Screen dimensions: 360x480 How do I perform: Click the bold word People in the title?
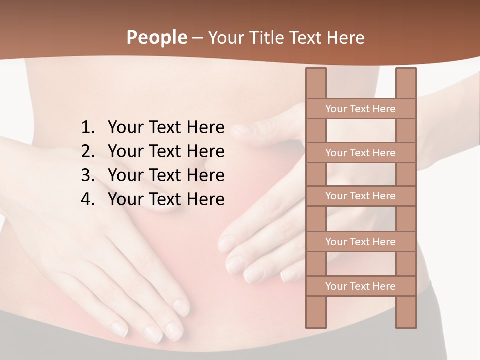pyautogui.click(x=156, y=38)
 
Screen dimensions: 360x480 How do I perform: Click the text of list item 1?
pyautogui.click(x=166, y=128)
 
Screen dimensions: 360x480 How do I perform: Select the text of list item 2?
pyautogui.click(x=166, y=151)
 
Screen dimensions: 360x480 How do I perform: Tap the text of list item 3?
pyautogui.click(x=166, y=175)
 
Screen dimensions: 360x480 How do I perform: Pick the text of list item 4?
pyautogui.click(x=166, y=199)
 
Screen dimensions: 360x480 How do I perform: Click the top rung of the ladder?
pyautogui.click(x=360, y=109)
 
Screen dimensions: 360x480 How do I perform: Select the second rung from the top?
pyautogui.click(x=360, y=153)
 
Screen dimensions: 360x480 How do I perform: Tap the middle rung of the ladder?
pyautogui.click(x=360, y=196)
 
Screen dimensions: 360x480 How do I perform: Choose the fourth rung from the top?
pyautogui.click(x=360, y=242)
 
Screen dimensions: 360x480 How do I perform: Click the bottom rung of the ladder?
pyautogui.click(x=360, y=286)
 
